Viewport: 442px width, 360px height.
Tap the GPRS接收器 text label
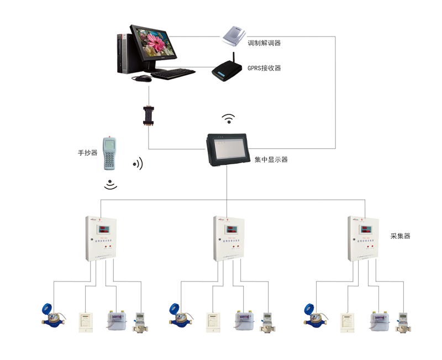264,68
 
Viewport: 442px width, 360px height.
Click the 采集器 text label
400,236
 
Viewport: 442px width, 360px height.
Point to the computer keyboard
172,74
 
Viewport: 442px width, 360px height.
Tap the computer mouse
142,79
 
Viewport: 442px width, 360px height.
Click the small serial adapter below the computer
148,116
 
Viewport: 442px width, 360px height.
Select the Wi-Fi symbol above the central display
228,118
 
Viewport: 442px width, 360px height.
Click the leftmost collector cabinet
102,238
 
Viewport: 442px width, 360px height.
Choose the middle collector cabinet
229,238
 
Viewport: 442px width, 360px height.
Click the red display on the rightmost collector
367,228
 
